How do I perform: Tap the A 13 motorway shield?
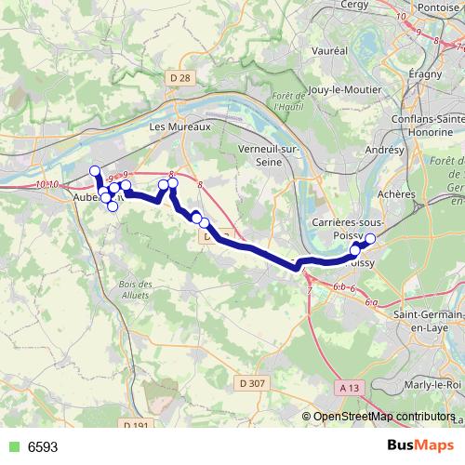pos(350,387)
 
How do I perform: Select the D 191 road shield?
pos(137,425)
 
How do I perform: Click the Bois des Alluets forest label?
pos(135,288)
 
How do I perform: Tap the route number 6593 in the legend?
pos(43,446)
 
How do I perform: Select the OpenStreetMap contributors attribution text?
pos(384,417)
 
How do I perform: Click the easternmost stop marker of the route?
pos(369,239)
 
